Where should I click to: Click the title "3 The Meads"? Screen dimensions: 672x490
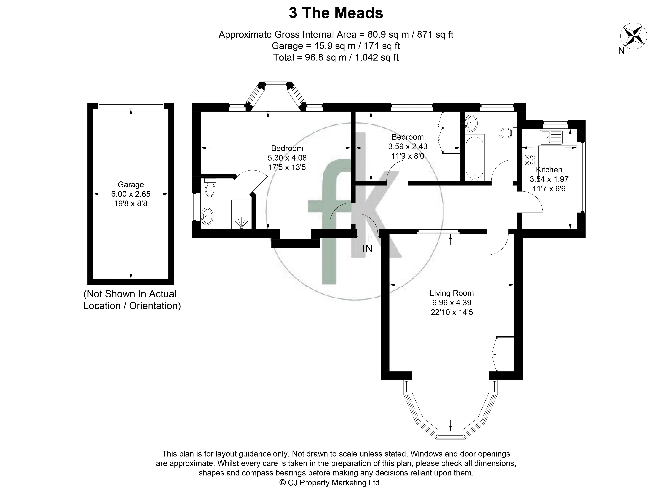pyautogui.click(x=336, y=13)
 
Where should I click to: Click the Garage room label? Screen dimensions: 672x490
pyautogui.click(x=131, y=185)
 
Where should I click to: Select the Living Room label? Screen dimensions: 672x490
pyautogui.click(x=452, y=293)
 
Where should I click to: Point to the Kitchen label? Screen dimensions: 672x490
pyautogui.click(x=549, y=170)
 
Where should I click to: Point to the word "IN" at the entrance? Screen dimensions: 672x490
pyautogui.click(x=367, y=248)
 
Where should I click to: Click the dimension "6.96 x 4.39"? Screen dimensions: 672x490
pyautogui.click(x=452, y=303)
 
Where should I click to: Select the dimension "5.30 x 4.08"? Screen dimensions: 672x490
pyautogui.click(x=287, y=158)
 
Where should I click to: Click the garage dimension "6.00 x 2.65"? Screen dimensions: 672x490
pyautogui.click(x=131, y=194)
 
